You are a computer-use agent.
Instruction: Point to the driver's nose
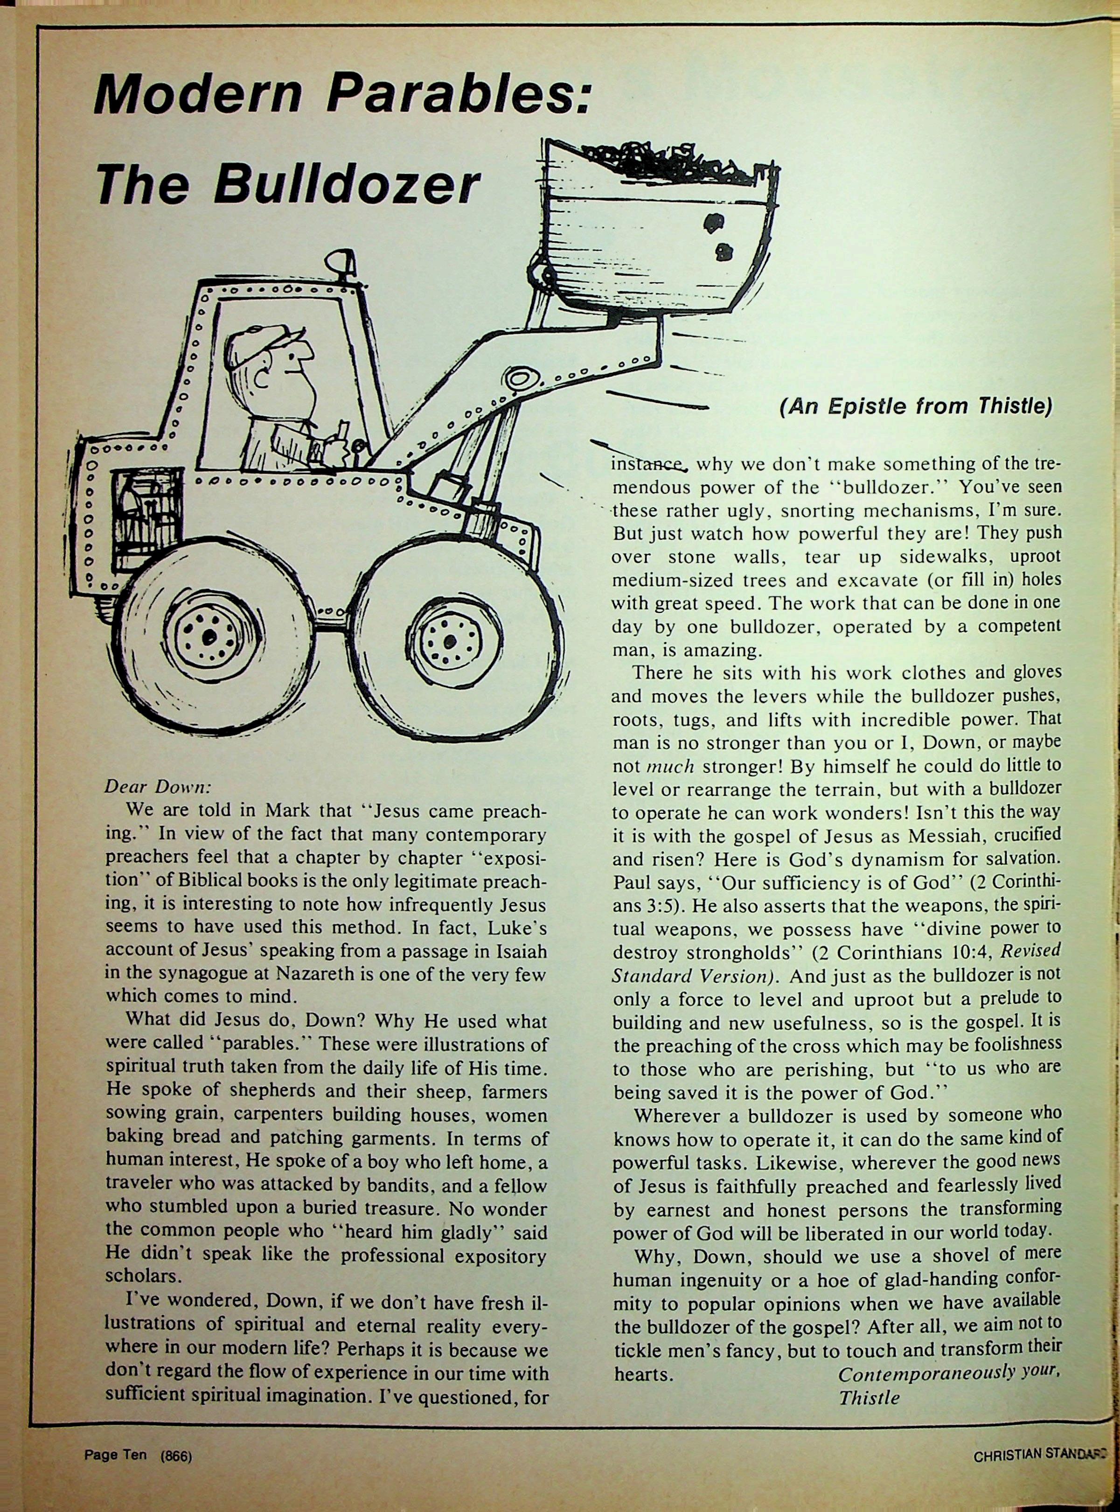(x=306, y=352)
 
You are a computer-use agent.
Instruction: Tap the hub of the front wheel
(x=450, y=640)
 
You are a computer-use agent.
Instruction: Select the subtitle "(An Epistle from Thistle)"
(x=915, y=406)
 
